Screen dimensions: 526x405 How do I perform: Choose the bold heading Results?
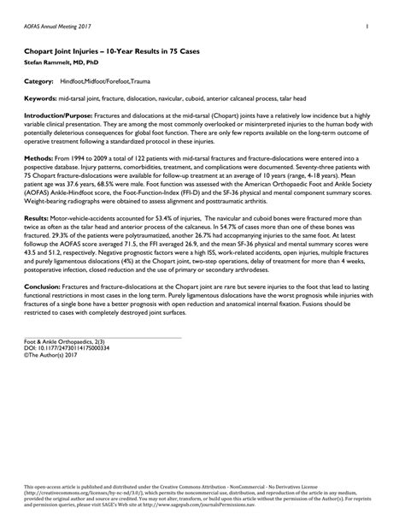tap(37, 219)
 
